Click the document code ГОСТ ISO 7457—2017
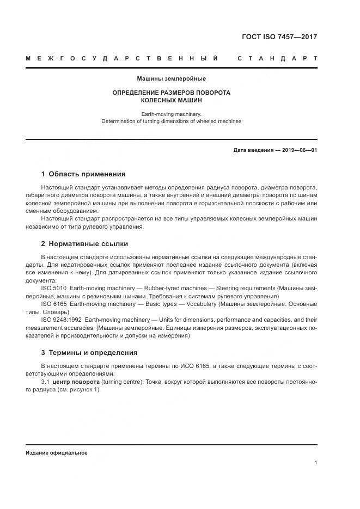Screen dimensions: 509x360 pos(279,37)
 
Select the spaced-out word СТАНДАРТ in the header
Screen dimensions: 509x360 pos(277,58)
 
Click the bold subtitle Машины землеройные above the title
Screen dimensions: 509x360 pos(171,79)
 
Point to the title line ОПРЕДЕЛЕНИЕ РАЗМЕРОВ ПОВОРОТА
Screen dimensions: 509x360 pos(171,93)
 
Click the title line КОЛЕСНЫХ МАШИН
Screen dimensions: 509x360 pos(171,101)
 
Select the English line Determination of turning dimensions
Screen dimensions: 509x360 pos(171,121)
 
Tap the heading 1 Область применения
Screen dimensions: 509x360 pos(83,174)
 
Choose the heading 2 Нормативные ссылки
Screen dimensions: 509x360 pos(84,243)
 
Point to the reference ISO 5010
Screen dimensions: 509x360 pos(53,287)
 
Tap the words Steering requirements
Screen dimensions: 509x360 pos(245,287)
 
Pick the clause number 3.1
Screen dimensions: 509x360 pos(45,382)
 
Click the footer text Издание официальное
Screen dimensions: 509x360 pos(56,452)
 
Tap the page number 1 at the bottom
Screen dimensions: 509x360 pos(315,463)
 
